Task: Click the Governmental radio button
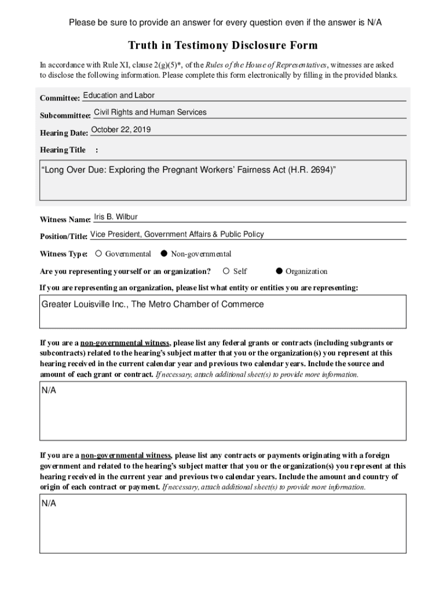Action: tap(98, 253)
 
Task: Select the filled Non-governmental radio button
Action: tap(164, 253)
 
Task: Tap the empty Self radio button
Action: tap(226, 271)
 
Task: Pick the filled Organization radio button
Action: tap(279, 271)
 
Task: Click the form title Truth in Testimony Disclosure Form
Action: tap(223, 45)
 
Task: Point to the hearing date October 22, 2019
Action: tap(121, 130)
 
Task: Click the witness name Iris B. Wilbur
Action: tap(116, 217)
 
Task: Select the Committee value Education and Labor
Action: tap(119, 95)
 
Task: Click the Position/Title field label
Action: tap(63, 236)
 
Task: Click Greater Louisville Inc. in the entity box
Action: tap(85, 304)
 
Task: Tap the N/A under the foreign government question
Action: tap(49, 503)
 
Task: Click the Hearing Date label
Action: tap(64, 133)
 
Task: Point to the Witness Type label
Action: tap(64, 254)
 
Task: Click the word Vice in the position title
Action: tap(98, 234)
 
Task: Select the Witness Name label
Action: tap(65, 220)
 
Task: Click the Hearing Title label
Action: tap(63, 150)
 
